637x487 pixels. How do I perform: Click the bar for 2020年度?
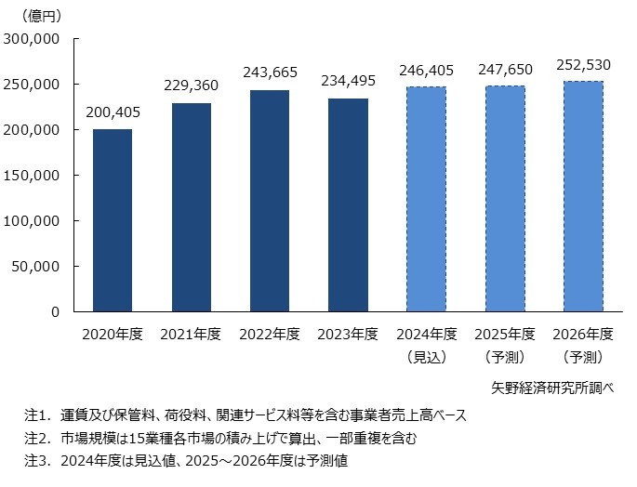(x=112, y=220)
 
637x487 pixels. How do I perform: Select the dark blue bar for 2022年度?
(x=269, y=201)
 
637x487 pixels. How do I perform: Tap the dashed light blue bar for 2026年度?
(x=582, y=196)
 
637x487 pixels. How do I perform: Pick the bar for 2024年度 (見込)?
(x=426, y=199)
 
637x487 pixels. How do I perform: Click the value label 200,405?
(x=112, y=113)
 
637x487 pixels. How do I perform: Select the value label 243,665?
(x=269, y=72)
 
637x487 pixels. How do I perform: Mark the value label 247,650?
(x=504, y=70)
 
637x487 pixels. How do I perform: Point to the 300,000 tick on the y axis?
(x=33, y=39)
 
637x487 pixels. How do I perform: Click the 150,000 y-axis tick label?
(x=33, y=176)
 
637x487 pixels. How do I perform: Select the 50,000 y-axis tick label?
(x=36, y=267)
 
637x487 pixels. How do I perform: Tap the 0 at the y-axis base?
(x=55, y=312)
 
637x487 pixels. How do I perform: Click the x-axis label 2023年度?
(x=347, y=335)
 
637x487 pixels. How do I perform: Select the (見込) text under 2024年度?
(x=426, y=357)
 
